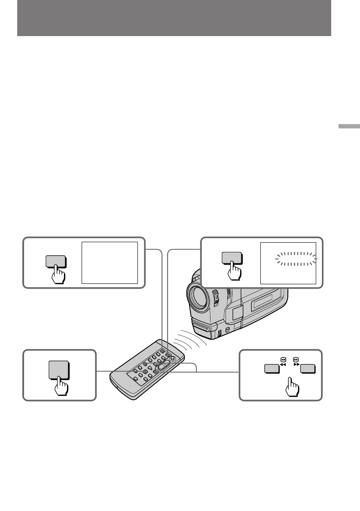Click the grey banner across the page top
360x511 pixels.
pos(174,18)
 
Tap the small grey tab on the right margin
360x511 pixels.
pos(348,127)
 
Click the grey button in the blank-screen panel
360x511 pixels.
pos(55,262)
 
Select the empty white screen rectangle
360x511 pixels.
pos(110,262)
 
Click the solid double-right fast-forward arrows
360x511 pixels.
pos(296,364)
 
